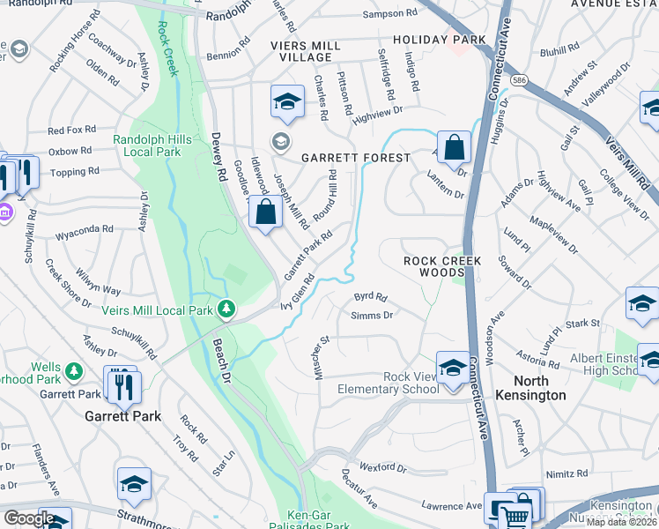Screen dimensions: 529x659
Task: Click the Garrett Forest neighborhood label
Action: click(x=356, y=158)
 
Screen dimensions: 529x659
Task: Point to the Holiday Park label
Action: click(x=439, y=41)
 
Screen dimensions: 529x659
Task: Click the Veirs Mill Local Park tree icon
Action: click(x=227, y=309)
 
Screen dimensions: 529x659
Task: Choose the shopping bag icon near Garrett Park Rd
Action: click(x=265, y=212)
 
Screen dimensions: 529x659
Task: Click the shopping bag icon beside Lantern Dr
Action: click(x=454, y=147)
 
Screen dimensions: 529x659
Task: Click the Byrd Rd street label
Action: click(x=370, y=297)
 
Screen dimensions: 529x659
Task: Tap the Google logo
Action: click(x=29, y=518)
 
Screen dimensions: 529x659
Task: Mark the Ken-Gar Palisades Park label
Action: click(x=323, y=520)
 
